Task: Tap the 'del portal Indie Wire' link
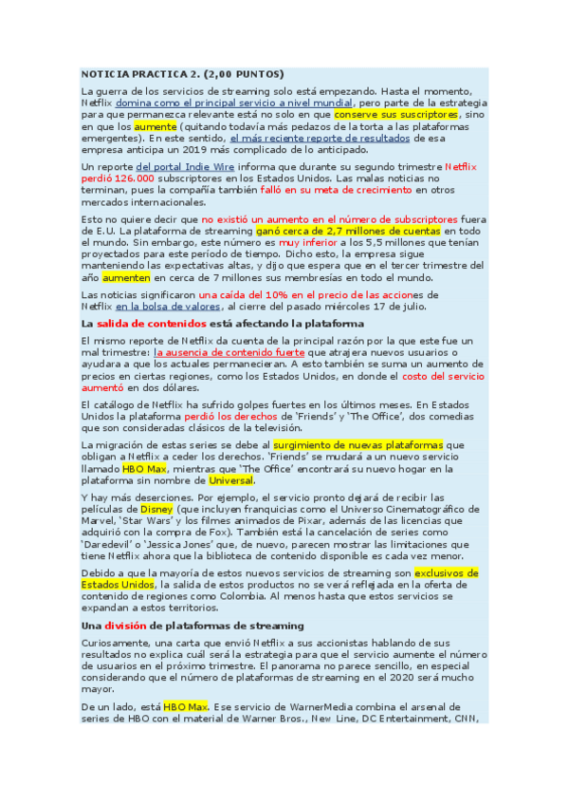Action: tap(185, 167)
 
